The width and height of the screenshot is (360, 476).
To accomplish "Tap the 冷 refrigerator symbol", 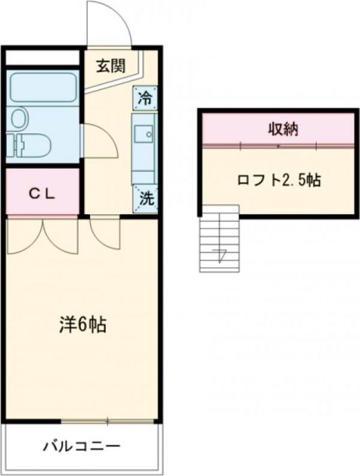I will point(146,97).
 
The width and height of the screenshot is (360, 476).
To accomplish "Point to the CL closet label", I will point(42,193).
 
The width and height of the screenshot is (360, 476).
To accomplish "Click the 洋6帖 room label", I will point(81,325).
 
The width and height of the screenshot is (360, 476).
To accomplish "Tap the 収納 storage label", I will point(283,129).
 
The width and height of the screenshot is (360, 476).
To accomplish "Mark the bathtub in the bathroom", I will point(42,89).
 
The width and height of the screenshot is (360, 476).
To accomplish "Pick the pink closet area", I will point(42,193).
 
